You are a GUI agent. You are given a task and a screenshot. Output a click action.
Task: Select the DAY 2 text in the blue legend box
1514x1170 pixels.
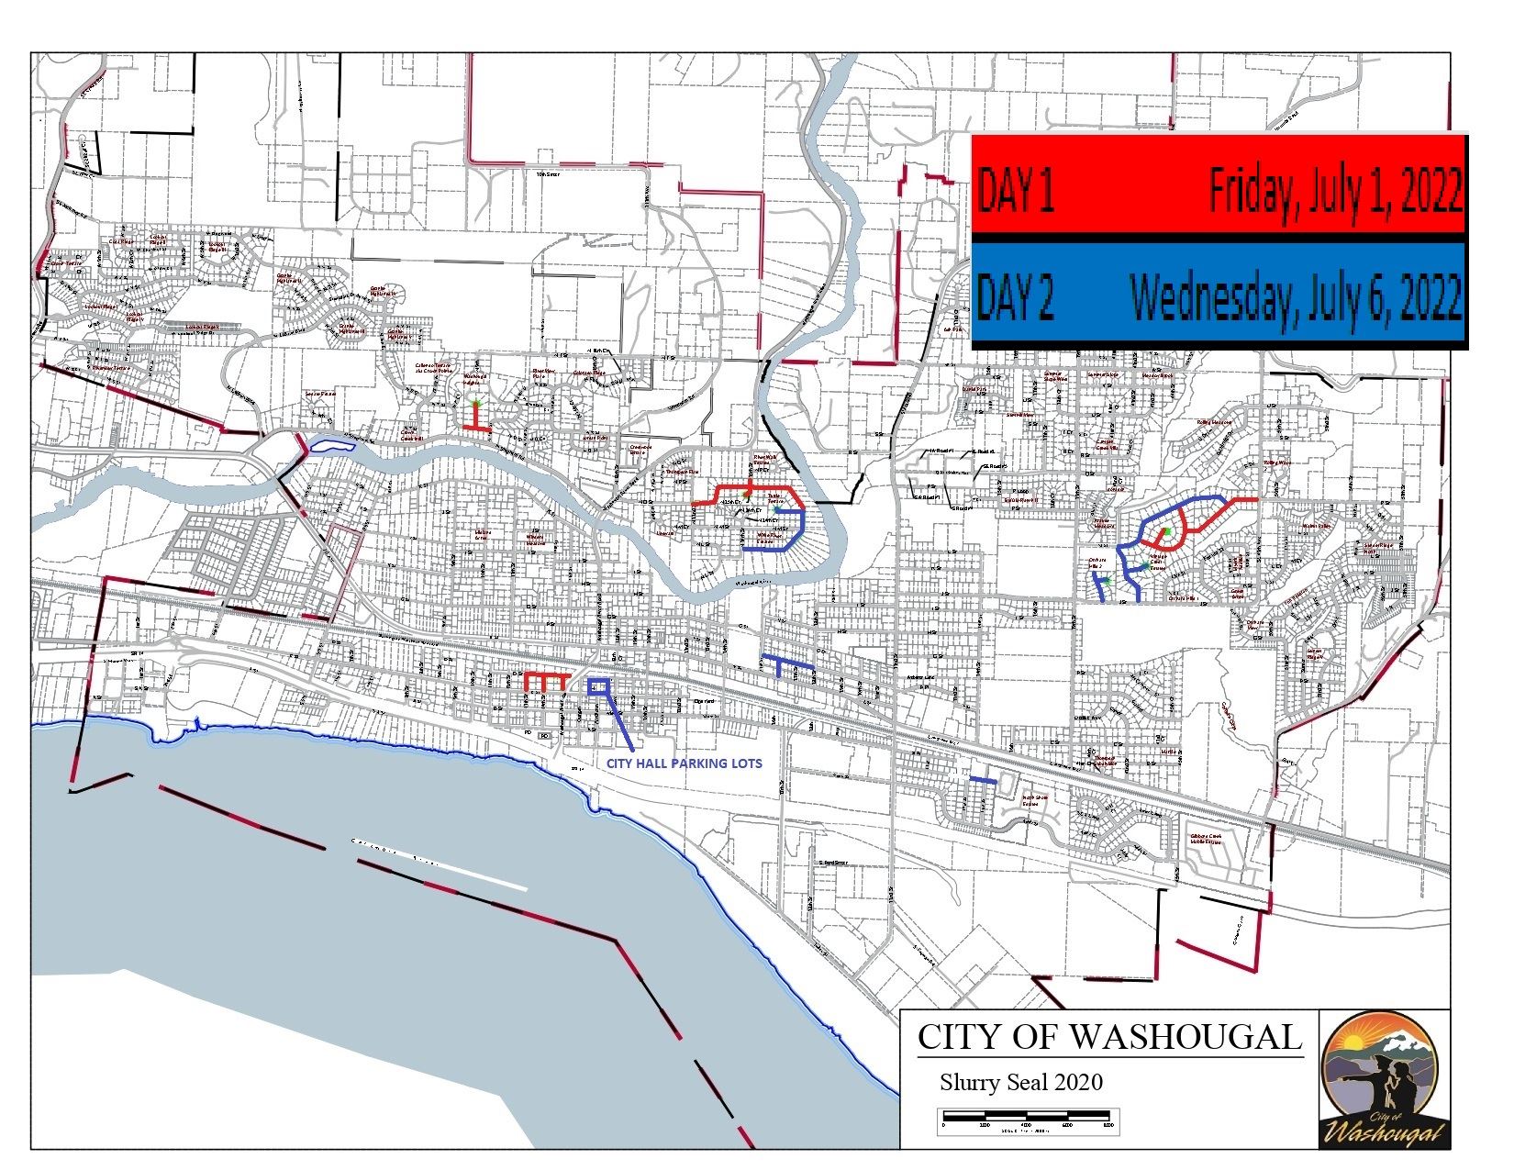(x=1017, y=295)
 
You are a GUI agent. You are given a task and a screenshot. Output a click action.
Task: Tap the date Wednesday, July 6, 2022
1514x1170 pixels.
(x=1296, y=295)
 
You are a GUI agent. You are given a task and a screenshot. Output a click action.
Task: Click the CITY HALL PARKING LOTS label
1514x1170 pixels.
(x=685, y=763)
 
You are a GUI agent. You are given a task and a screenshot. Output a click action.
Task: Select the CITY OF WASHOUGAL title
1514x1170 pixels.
(x=1109, y=1037)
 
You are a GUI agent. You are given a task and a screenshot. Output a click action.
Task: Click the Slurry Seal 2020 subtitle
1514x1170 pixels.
(x=1020, y=1082)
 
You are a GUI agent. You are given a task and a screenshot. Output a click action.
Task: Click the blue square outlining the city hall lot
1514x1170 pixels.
(x=597, y=685)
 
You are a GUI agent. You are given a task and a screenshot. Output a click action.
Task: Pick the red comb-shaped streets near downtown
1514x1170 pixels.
(x=543, y=680)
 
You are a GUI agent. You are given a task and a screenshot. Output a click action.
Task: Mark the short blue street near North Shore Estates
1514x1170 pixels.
(x=984, y=780)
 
